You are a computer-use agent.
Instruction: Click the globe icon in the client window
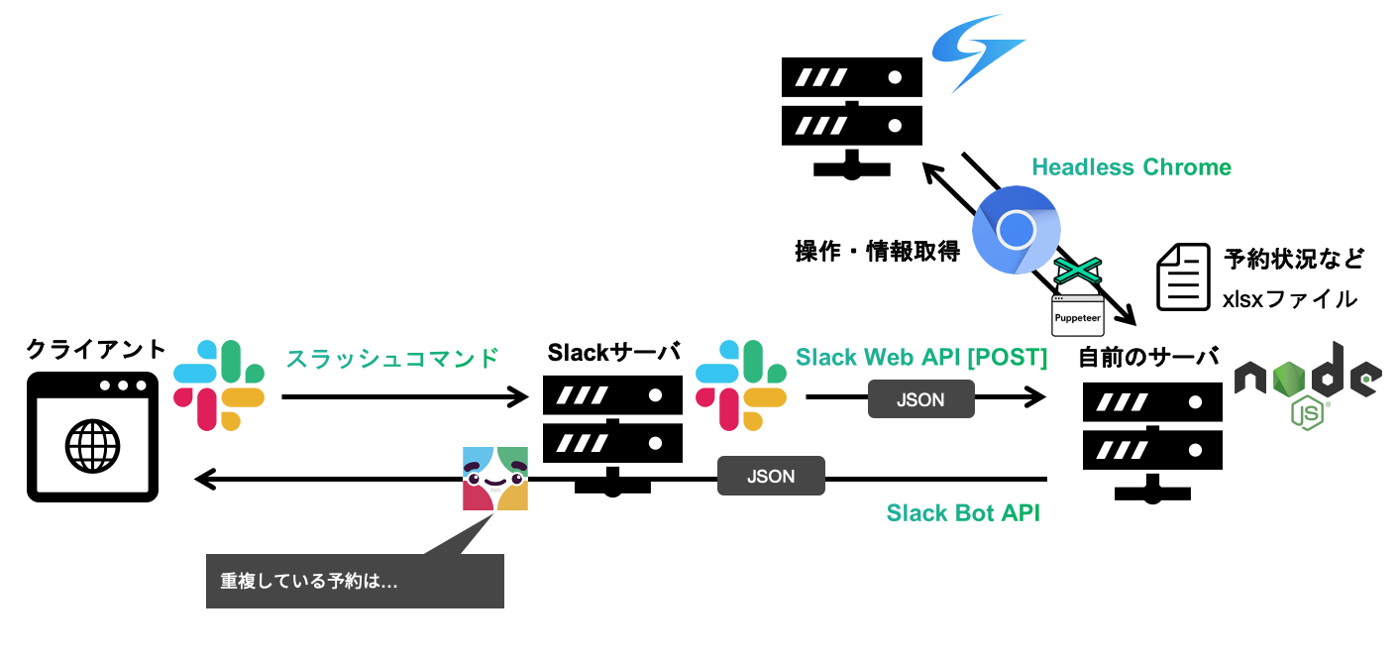pyautogui.click(x=92, y=446)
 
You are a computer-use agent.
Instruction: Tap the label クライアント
pyautogui.click(x=96, y=350)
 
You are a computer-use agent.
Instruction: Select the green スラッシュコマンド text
pyautogui.click(x=392, y=358)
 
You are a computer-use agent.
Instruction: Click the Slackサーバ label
pyautogui.click(x=614, y=352)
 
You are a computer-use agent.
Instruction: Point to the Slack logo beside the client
pyautogui.click(x=219, y=385)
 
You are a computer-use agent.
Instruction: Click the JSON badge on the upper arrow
pyautogui.click(x=920, y=399)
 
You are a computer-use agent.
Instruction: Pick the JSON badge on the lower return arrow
pyautogui.click(x=771, y=477)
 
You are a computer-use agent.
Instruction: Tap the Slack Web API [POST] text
pyautogui.click(x=921, y=358)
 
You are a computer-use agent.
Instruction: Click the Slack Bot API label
pyautogui.click(x=963, y=513)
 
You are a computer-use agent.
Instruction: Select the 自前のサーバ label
pyautogui.click(x=1149, y=358)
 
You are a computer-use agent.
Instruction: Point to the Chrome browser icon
pyautogui.click(x=1016, y=230)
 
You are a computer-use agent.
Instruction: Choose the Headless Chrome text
pyautogui.click(x=1131, y=166)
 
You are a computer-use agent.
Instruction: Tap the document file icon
pyautogui.click(x=1184, y=277)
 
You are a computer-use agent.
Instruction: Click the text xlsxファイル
pyautogui.click(x=1290, y=298)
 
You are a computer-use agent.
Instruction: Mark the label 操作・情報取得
pyautogui.click(x=878, y=252)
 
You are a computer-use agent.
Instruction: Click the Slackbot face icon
pyautogui.click(x=495, y=479)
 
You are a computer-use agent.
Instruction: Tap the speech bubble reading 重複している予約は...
pyautogui.click(x=355, y=581)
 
